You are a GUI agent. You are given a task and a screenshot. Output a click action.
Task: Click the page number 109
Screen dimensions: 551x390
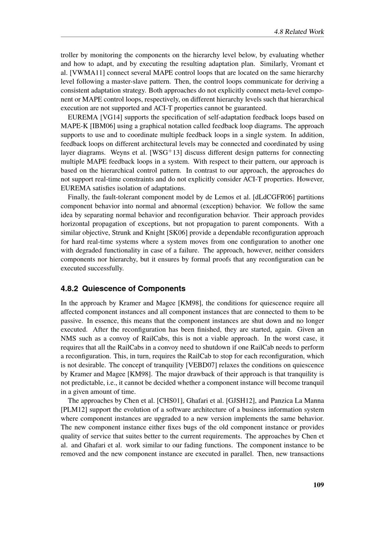(x=318, y=485)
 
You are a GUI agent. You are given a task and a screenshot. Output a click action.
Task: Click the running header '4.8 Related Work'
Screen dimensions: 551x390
(x=299, y=32)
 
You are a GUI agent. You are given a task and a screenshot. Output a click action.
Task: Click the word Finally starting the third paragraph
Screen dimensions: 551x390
(x=79, y=197)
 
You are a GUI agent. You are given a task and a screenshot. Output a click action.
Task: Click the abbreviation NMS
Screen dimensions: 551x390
(x=68, y=339)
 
